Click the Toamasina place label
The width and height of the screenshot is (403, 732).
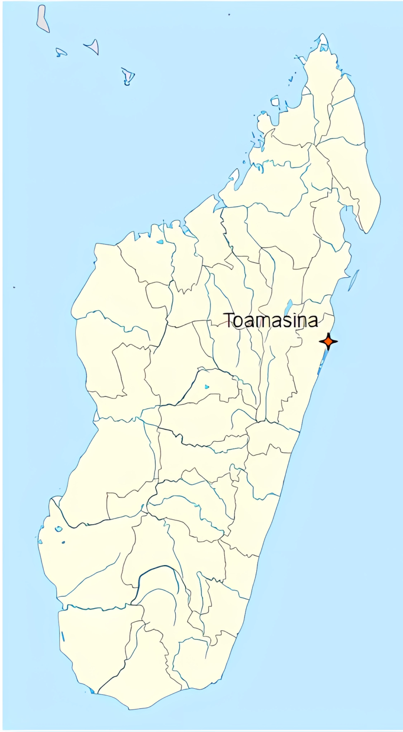point(271,320)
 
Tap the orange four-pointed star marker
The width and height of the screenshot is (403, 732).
point(328,341)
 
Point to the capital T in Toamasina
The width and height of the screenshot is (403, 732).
point(230,320)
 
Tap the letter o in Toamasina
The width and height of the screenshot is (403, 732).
point(240,322)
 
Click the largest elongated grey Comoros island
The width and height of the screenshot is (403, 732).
point(43,18)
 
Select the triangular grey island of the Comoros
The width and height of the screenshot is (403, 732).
point(93,46)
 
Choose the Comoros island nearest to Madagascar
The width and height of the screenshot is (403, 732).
point(128,75)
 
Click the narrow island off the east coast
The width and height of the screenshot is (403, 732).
point(353,280)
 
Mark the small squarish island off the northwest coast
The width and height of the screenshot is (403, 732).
point(275,101)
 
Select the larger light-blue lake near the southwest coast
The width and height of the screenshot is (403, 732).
point(59,529)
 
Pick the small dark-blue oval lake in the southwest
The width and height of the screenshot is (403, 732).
point(63,542)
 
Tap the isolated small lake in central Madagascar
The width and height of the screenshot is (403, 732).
point(206,386)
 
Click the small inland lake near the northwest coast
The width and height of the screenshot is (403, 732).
point(160,242)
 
